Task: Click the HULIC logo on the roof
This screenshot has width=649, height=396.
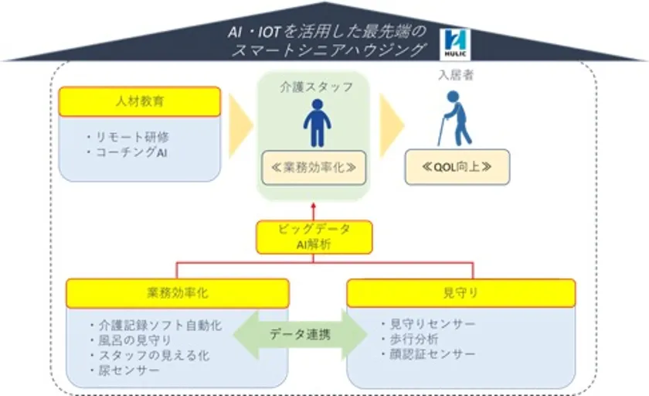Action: tap(455, 44)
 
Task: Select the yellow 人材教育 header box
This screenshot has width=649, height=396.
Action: tap(140, 101)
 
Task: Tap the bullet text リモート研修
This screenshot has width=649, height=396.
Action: tap(127, 137)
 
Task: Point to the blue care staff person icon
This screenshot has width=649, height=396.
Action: tap(317, 123)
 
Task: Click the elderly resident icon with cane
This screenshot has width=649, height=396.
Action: tap(455, 118)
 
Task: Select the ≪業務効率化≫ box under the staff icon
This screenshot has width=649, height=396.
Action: tap(314, 168)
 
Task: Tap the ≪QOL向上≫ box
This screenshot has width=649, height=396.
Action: tap(457, 167)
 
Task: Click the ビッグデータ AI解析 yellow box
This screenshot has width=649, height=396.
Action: tap(314, 237)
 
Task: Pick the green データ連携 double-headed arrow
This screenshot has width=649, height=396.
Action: tap(300, 334)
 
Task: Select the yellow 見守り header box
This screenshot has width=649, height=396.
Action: tap(460, 293)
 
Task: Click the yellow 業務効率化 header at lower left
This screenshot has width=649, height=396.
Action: tap(178, 293)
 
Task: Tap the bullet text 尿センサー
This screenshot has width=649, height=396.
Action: tap(124, 370)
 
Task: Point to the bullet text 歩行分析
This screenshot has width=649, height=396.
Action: tap(409, 339)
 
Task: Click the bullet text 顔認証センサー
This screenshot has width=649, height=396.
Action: tap(428, 354)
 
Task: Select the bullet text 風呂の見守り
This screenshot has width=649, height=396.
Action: tap(131, 340)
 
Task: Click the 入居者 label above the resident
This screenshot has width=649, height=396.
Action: tap(456, 75)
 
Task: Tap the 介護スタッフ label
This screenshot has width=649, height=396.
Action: tap(317, 87)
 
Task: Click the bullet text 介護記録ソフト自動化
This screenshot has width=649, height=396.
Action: tap(155, 325)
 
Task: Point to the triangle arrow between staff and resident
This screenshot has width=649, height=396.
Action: tap(392, 125)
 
